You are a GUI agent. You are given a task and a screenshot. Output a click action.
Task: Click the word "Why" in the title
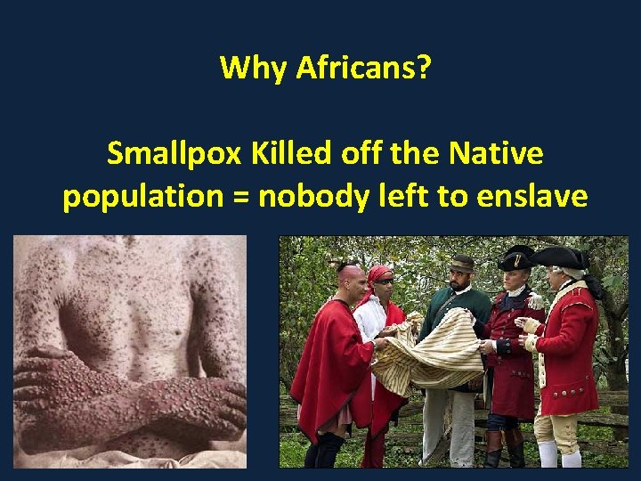pos(255,68)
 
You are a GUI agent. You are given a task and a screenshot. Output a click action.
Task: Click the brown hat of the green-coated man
pos(461,264)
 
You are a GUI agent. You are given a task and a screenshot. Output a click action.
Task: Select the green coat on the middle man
pos(445,312)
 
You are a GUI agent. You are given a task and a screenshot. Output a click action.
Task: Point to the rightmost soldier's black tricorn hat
pos(559,257)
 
